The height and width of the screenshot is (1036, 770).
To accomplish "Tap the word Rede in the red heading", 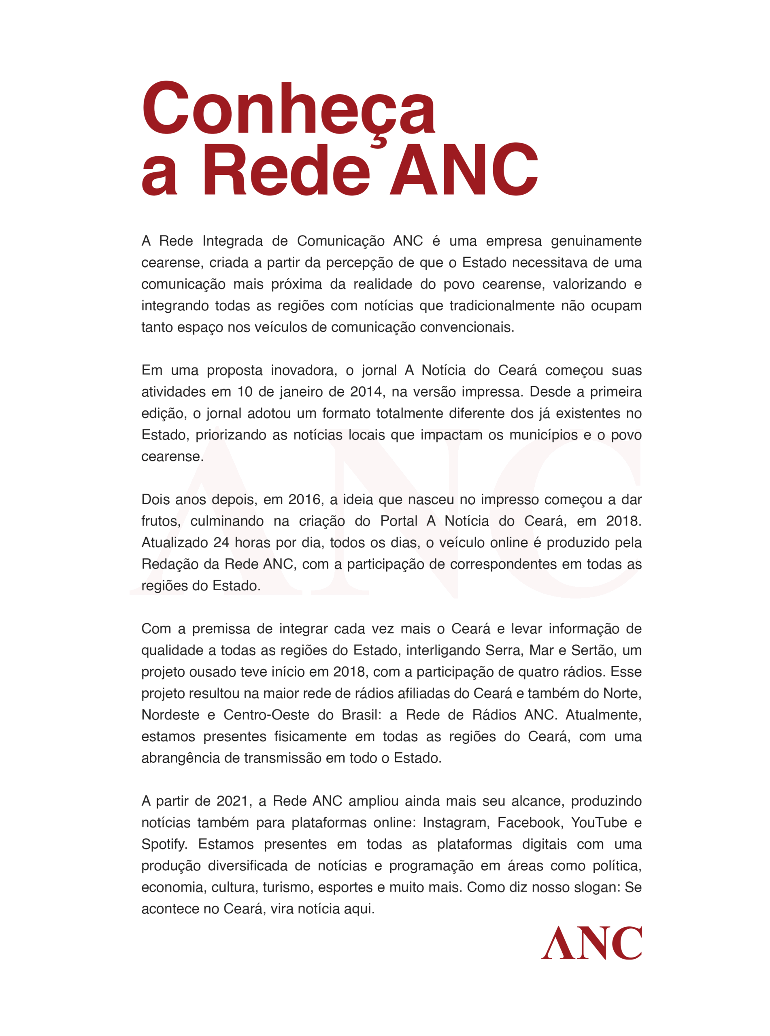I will tap(286, 170).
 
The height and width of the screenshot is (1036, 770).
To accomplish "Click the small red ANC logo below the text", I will tap(591, 943).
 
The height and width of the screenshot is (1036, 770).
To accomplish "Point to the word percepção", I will tap(359, 263).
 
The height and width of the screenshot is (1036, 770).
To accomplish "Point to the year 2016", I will tap(305, 499).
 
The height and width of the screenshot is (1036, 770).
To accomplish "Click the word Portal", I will tap(398, 521).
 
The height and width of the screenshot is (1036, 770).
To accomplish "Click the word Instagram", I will tap(455, 823).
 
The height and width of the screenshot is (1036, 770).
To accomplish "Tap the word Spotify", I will tap(164, 845).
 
